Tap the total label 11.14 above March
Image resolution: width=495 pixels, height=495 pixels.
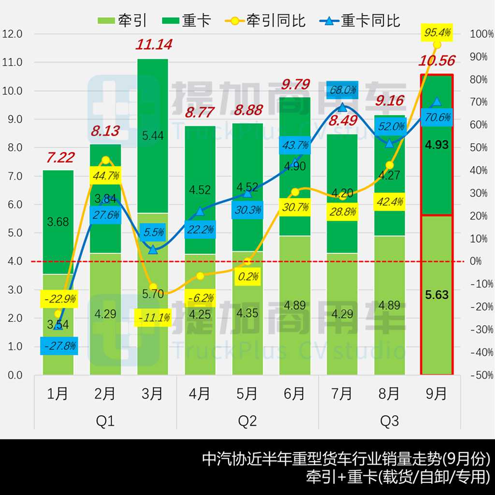154,45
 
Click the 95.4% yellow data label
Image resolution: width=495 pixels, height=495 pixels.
437,32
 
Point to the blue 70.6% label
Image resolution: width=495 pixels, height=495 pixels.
437,117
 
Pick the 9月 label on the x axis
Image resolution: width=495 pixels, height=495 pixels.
437,394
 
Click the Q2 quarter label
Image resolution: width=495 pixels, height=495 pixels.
247,421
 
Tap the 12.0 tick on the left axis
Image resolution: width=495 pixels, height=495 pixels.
13,34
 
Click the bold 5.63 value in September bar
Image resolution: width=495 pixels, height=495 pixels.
437,294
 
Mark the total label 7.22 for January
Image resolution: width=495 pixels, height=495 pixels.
60,158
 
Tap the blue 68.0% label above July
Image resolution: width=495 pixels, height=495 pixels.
342,89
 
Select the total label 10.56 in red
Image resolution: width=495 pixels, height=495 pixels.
437,61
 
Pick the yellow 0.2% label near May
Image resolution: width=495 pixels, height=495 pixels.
247,277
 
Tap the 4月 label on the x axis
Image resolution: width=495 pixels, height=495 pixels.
200,394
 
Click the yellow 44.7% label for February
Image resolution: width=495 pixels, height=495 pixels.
105,175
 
